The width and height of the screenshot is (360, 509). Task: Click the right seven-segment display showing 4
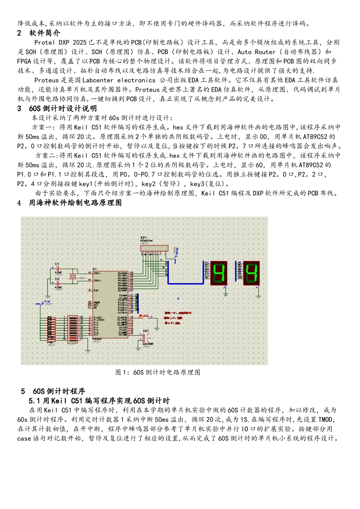[251, 273]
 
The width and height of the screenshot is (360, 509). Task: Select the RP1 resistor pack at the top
[154, 248]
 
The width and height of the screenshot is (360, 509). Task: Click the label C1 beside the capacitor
[57, 264]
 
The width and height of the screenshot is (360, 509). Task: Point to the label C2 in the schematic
[57, 279]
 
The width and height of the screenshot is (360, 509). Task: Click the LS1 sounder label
[146, 331]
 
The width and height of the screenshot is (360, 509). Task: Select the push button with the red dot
[144, 316]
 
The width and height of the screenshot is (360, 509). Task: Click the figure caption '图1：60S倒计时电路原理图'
[158, 372]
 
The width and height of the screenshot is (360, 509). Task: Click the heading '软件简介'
[45, 33]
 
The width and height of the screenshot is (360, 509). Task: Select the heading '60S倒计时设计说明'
[63, 109]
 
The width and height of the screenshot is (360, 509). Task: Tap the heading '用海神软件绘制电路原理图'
[75, 203]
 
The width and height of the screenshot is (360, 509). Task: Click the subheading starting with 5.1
[99, 401]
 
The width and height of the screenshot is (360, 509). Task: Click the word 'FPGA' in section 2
[24, 61]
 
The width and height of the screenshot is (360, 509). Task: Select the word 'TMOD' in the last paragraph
[326, 420]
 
